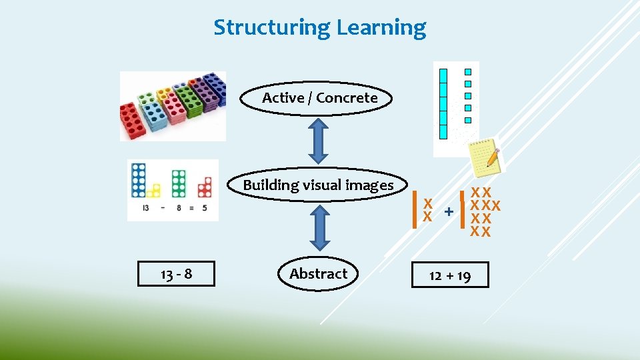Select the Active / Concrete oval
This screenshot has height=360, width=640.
tap(319, 98)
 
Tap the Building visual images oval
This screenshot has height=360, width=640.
tap(319, 185)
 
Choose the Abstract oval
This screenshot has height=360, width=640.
tap(318, 273)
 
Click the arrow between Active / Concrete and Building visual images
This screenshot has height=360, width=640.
tap(319, 141)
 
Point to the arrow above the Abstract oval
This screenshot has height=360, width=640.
tap(319, 227)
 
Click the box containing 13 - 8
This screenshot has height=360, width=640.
tap(176, 273)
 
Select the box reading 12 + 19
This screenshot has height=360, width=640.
tap(450, 275)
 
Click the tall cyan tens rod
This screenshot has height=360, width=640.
tap(443, 103)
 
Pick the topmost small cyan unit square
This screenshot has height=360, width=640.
tap(468, 72)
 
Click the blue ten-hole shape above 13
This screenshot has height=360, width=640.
tap(139, 180)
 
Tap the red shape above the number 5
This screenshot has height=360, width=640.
tap(205, 188)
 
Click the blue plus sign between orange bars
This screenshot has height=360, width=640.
tap(449, 211)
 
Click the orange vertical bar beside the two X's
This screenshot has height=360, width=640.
tap(416, 207)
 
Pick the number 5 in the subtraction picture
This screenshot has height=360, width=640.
tap(205, 208)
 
